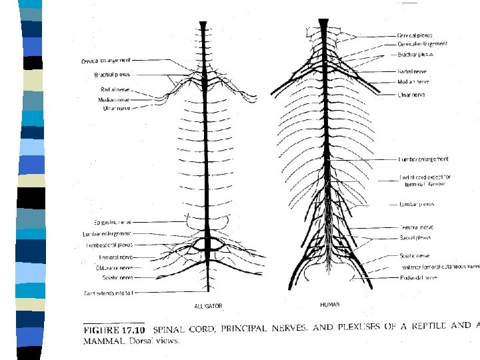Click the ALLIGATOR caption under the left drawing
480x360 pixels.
tap(209, 306)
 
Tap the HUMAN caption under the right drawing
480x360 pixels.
tap(329, 304)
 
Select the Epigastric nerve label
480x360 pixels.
tap(112, 222)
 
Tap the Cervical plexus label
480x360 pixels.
tap(415, 35)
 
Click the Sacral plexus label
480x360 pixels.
tap(415, 237)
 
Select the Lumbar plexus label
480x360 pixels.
tap(417, 204)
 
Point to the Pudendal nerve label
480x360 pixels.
tap(418, 277)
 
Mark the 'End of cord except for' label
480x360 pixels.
tap(424, 178)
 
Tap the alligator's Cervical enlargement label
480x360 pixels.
tap(107, 61)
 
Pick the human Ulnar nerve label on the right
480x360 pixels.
tap(411, 95)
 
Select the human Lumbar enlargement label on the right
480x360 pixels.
tap(423, 159)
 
